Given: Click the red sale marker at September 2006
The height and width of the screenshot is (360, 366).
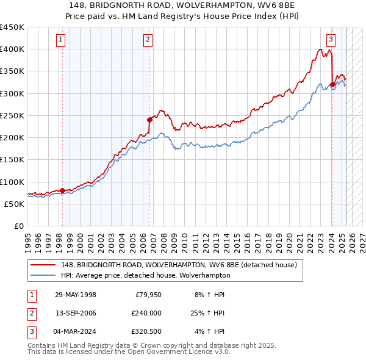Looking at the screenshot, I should (149, 120).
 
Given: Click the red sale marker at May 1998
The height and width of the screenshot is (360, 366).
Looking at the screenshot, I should (63, 190).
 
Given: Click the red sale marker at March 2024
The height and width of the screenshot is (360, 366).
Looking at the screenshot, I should (332, 84).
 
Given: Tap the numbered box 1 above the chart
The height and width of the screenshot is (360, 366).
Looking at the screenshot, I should (62, 40).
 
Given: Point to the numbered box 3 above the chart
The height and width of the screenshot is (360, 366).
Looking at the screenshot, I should (331, 40).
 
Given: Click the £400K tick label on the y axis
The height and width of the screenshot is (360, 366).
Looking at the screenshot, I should (12, 49).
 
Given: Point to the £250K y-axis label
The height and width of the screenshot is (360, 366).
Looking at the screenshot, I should (12, 115).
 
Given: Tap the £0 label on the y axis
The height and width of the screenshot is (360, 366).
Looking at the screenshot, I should (19, 226).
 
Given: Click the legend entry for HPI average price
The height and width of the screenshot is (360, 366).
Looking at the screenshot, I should (145, 275).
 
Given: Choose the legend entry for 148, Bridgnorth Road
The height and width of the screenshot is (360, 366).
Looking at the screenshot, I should (178, 265).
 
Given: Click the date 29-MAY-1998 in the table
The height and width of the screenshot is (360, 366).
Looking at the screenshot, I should (76, 295).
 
